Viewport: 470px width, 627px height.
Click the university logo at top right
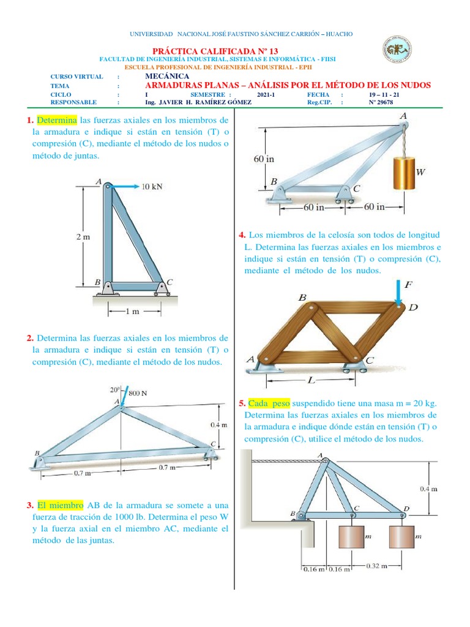pyautogui.click(x=397, y=51)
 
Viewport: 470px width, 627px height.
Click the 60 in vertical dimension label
pyautogui.click(x=264, y=159)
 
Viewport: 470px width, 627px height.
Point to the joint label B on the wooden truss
pyautogui.click(x=302, y=297)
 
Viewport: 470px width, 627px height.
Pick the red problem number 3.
pyautogui.click(x=29, y=505)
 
